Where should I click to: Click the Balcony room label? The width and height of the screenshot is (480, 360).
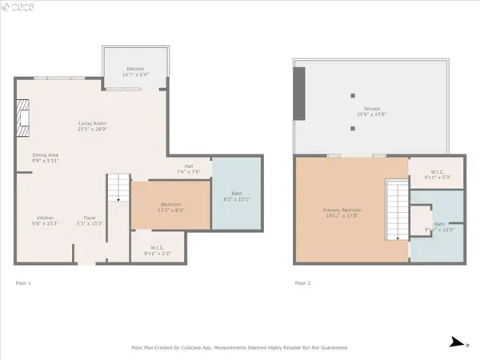(x=134, y=72)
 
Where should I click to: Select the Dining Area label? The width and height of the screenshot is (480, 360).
(x=45, y=158)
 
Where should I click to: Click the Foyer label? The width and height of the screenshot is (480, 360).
(x=89, y=220)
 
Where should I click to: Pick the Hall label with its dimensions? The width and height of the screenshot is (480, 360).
(x=188, y=170)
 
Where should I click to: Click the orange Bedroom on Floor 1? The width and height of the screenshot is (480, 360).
(x=170, y=206)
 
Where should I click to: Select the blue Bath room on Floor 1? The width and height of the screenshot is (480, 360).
(x=236, y=194)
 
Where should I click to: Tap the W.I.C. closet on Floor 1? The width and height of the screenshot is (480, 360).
(x=157, y=250)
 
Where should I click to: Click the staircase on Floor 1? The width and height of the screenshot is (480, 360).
(x=118, y=189)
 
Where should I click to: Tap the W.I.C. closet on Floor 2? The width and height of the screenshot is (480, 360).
(x=436, y=174)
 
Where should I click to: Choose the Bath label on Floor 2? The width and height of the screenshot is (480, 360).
(x=440, y=227)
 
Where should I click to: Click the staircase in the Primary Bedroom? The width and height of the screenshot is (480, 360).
(x=398, y=210)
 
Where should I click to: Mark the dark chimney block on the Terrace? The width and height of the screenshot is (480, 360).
(x=299, y=92)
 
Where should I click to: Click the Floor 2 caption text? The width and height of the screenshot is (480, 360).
(x=303, y=282)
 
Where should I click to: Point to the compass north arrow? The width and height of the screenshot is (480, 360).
(x=454, y=342)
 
